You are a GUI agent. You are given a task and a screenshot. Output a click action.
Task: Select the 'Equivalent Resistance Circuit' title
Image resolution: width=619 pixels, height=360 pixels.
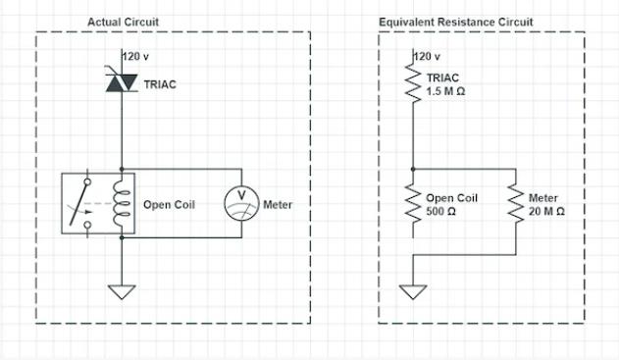click(442, 22)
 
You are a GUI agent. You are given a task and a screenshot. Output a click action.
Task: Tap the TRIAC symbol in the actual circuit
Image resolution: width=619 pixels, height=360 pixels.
click(121, 85)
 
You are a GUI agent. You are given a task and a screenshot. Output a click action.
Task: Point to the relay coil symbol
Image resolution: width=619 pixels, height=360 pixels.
click(121, 204)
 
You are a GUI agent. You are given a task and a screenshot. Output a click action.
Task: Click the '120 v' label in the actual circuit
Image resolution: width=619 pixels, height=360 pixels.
click(138, 56)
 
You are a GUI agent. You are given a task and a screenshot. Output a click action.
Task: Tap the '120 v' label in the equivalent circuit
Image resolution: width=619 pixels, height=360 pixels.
click(431, 56)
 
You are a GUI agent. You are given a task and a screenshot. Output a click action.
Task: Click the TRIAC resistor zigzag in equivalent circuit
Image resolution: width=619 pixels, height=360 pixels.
click(413, 84)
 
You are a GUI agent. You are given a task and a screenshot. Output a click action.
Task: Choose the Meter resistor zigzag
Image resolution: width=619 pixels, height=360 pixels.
click(513, 203)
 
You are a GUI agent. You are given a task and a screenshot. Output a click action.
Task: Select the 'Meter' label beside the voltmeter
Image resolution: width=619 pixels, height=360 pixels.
click(278, 205)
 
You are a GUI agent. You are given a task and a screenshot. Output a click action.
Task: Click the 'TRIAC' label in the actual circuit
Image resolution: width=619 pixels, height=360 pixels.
click(159, 85)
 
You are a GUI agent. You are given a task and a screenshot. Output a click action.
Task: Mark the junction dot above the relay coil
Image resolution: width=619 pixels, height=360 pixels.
click(121, 167)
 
